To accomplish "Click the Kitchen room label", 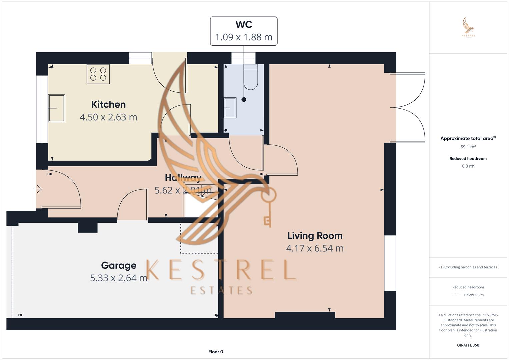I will [x=108, y=104].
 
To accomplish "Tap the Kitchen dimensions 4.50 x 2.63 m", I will [x=108, y=117].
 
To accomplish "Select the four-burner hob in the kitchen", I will [x=98, y=74].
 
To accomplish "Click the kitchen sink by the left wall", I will [x=56, y=108].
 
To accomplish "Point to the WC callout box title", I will [x=244, y=24].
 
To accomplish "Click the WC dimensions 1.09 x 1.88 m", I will [x=244, y=37].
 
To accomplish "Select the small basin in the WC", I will [x=230, y=108].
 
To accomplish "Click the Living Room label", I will [x=315, y=236].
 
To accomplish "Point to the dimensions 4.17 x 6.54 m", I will [x=315, y=248].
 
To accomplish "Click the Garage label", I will [x=119, y=265].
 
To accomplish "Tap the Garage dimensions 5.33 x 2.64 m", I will [x=119, y=278].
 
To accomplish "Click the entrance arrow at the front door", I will [x=38, y=189].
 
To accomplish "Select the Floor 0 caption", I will [x=216, y=352].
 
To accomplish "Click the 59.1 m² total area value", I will [x=468, y=147].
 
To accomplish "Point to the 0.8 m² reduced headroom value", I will [x=468, y=166].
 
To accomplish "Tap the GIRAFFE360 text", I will [x=468, y=345].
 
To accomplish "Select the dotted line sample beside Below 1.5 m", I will [x=457, y=295].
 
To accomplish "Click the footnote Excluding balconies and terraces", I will [x=468, y=267].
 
